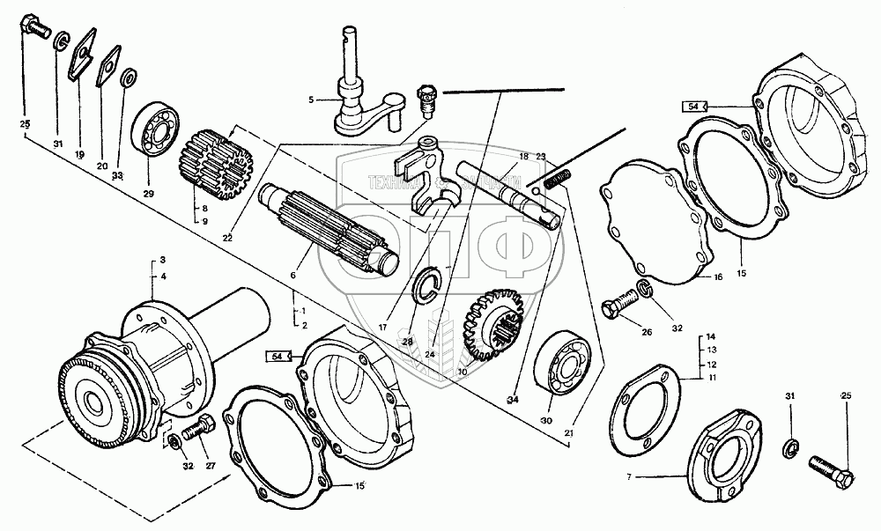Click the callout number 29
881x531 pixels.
click(148, 192)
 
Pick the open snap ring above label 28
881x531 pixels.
click(428, 283)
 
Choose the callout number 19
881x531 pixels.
click(79, 154)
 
